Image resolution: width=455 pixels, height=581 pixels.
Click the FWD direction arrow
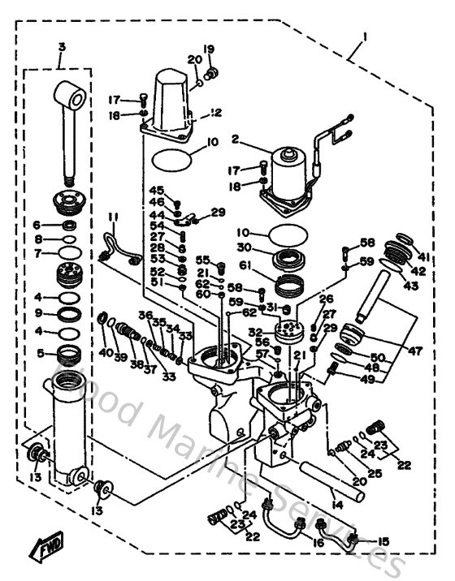coord(46,551)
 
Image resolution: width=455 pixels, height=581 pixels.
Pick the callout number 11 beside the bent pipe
coord(112,217)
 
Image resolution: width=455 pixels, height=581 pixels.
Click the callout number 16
coord(318,542)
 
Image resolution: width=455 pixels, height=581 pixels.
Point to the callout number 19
coord(208,49)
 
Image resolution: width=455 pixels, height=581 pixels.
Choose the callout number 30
coord(243,249)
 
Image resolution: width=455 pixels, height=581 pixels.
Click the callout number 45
coord(157,190)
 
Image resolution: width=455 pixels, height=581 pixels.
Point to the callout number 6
coord(37,225)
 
